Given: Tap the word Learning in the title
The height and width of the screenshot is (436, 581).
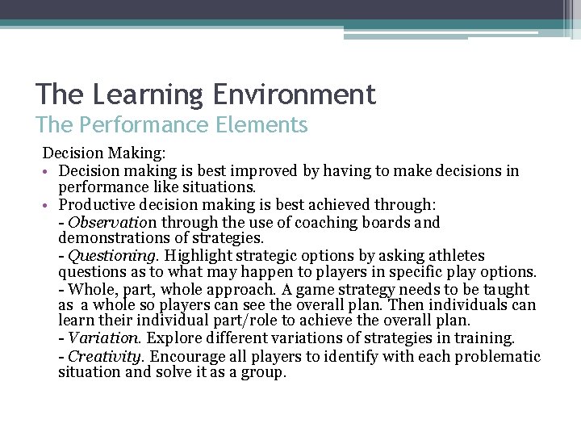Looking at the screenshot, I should (148, 94).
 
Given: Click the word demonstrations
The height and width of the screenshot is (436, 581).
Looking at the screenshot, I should (110, 238).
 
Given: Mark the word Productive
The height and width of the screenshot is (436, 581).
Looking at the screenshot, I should (98, 205).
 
